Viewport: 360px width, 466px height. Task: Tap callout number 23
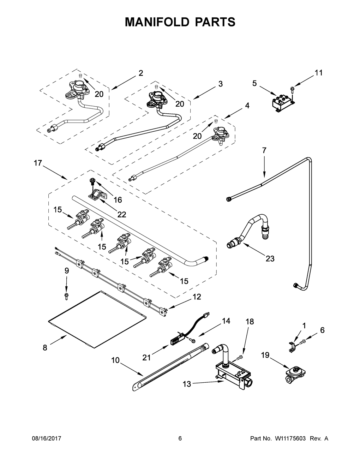[270, 259]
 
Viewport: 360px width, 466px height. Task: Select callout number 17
[38, 163]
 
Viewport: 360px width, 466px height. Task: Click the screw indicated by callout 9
[66, 297]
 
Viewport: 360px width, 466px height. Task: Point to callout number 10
[115, 360]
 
